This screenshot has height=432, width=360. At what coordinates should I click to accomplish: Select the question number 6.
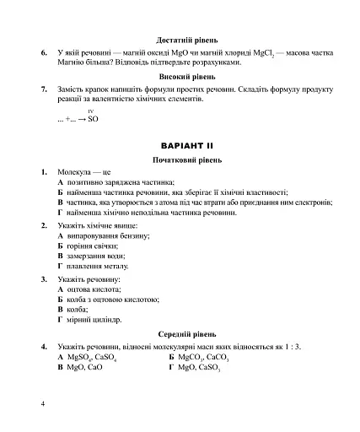(x=43, y=53)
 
